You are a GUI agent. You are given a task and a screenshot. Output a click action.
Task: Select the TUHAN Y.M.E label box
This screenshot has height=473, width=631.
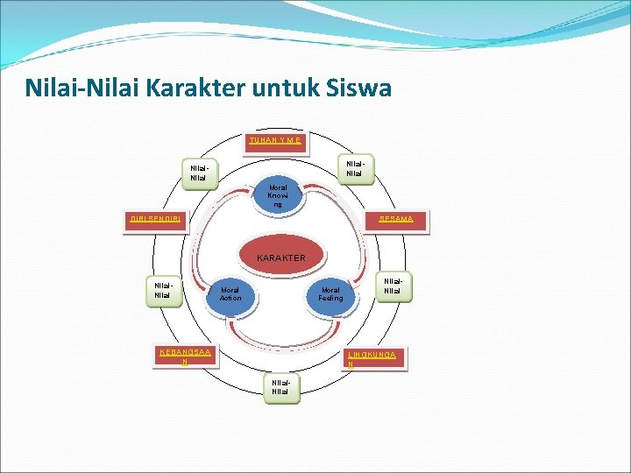(x=276, y=140)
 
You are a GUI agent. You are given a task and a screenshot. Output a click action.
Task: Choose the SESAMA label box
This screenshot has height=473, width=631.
(x=396, y=219)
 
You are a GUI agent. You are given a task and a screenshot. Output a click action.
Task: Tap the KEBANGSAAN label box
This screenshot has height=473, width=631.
(x=185, y=357)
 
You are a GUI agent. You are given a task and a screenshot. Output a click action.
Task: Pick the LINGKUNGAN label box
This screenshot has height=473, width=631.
(x=374, y=358)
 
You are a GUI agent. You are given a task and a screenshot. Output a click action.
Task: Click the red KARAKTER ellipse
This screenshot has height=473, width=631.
(x=280, y=258)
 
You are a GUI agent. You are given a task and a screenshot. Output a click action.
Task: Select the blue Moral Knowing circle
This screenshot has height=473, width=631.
(x=279, y=196)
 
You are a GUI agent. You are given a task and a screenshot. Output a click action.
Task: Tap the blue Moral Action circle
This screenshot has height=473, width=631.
(x=230, y=294)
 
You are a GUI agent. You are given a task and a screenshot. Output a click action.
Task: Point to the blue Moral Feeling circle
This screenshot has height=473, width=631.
(x=331, y=294)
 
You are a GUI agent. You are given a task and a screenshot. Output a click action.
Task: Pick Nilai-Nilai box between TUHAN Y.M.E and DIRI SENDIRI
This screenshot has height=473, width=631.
(x=199, y=173)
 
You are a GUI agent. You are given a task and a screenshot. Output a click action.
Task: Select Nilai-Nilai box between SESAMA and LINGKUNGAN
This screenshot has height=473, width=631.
(x=393, y=286)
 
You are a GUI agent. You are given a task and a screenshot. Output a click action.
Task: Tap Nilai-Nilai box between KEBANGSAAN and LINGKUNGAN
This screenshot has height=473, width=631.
(x=280, y=387)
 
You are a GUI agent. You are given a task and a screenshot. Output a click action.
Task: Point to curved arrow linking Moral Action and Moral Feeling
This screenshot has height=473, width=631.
(x=280, y=337)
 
